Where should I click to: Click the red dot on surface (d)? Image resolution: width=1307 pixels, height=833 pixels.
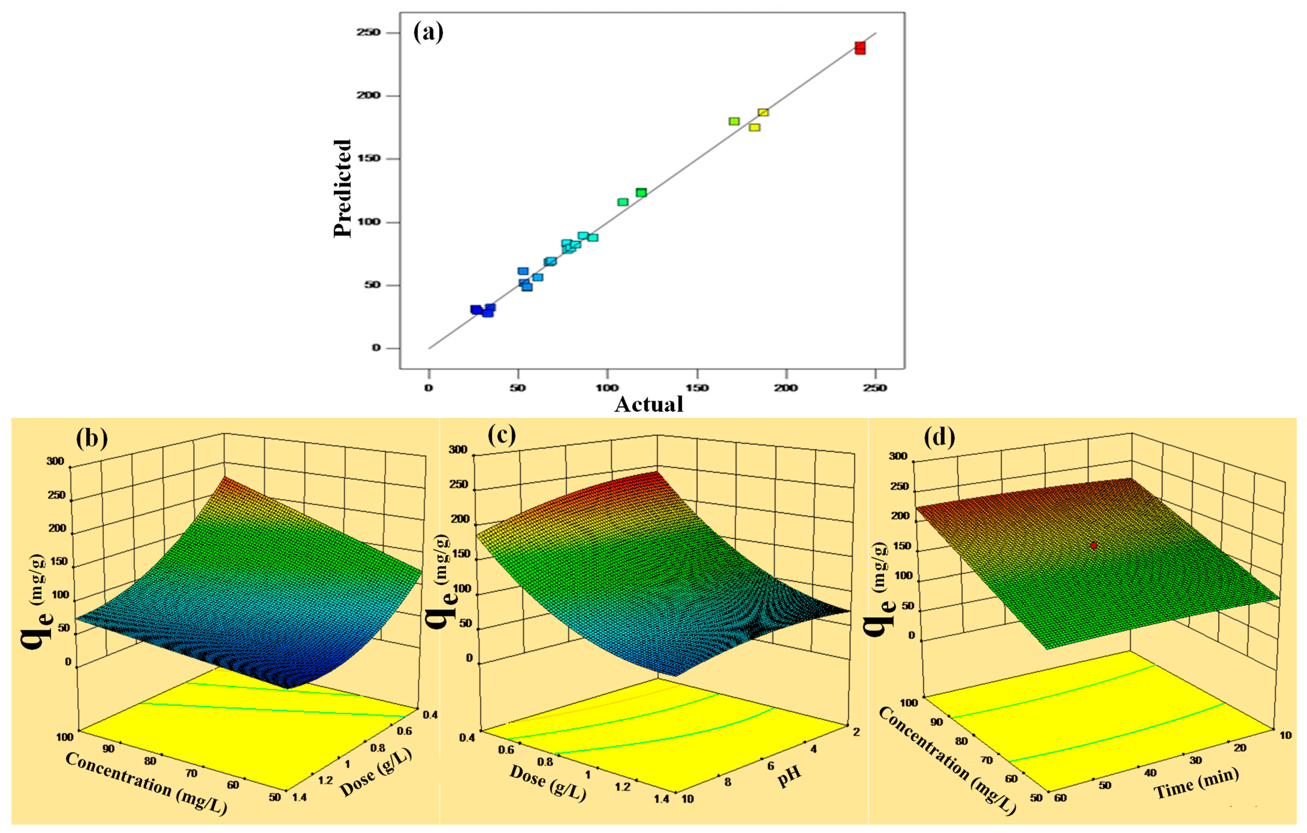1094,545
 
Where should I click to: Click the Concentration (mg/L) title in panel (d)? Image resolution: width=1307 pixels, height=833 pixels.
947,760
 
